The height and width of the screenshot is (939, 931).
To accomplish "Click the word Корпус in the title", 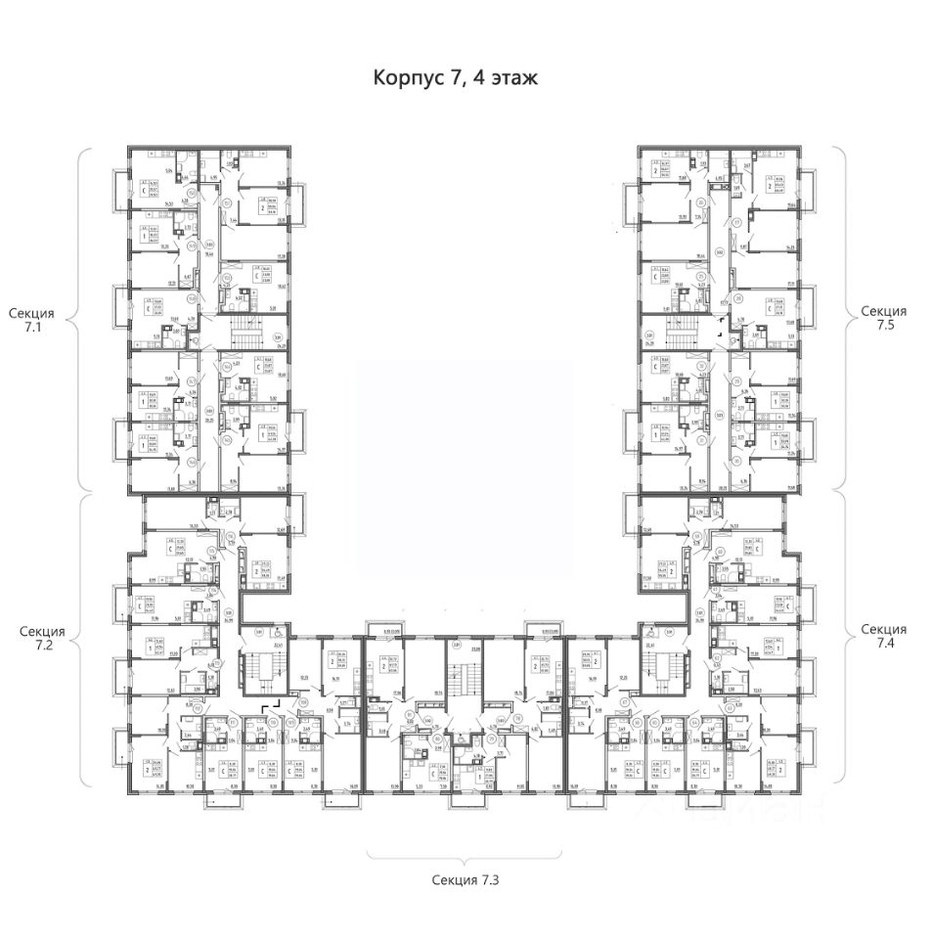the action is click(408, 77).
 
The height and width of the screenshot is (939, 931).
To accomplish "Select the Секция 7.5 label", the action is click(884, 321).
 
